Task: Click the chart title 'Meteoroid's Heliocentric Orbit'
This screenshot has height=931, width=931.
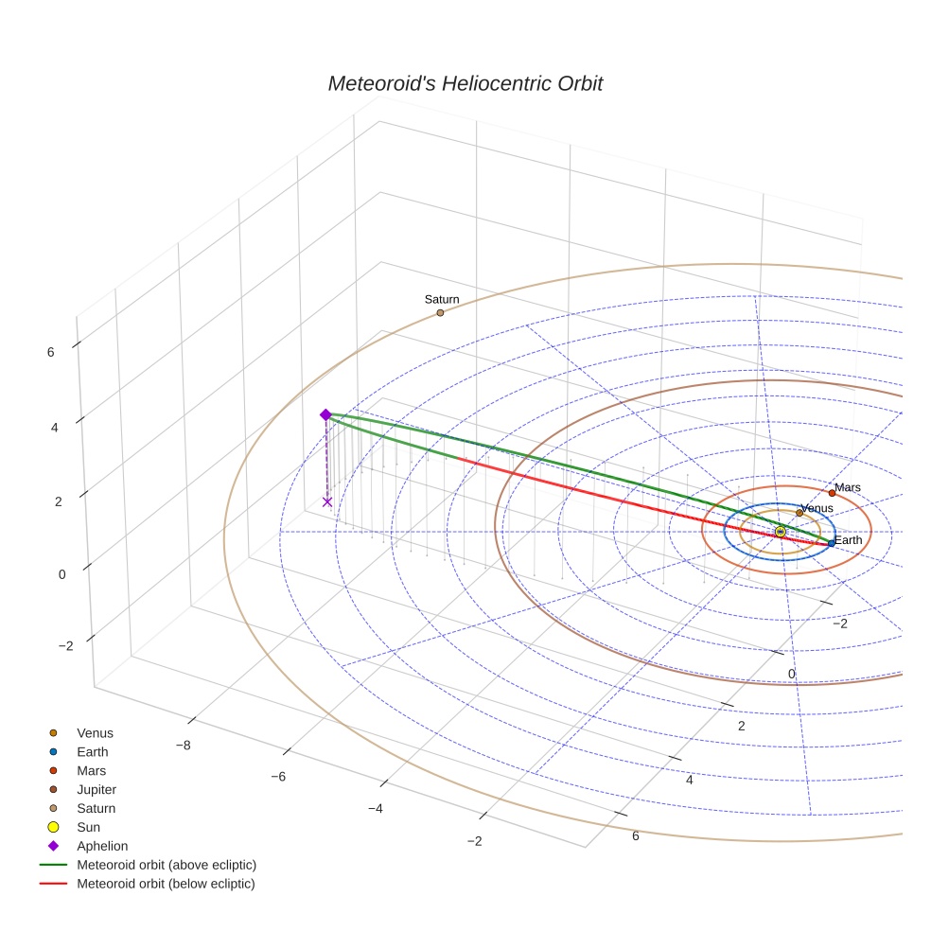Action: (x=465, y=83)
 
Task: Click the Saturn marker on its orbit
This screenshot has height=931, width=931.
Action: (x=440, y=312)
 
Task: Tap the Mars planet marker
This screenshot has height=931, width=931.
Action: (x=832, y=493)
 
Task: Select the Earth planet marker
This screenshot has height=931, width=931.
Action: (x=831, y=543)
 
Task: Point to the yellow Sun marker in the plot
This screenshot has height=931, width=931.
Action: (x=780, y=532)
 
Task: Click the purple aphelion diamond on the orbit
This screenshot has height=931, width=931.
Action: (x=325, y=414)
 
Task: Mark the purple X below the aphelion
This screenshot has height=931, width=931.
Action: (x=327, y=501)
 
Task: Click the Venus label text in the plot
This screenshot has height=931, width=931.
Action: (x=817, y=509)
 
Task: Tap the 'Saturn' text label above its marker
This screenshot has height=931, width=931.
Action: (x=442, y=300)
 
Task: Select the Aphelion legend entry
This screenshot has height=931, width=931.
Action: (x=102, y=846)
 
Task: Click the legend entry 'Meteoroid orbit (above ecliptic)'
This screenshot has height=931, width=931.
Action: (x=167, y=865)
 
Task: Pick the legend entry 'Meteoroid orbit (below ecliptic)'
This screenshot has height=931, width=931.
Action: (x=166, y=884)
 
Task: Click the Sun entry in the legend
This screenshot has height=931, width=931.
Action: (x=88, y=827)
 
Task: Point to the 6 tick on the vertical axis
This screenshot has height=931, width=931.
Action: (x=50, y=352)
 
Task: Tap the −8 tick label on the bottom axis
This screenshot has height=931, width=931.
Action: (x=184, y=745)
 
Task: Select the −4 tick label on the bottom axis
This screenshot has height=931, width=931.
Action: (x=375, y=809)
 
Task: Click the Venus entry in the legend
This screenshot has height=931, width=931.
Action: (x=95, y=732)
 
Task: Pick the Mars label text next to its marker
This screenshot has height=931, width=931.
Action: (x=848, y=487)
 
